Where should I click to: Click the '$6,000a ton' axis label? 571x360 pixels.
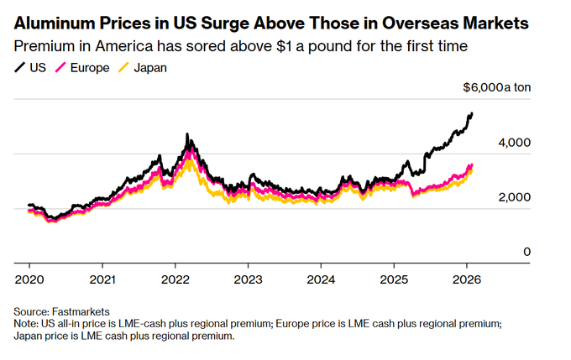click(x=497, y=88)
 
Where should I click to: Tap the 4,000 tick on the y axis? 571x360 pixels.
click(x=515, y=143)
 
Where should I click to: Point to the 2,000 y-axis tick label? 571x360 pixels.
click(x=515, y=197)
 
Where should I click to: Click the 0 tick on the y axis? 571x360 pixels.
click(x=527, y=252)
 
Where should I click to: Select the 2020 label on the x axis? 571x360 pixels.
click(x=29, y=278)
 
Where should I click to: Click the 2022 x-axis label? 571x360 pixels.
click(x=175, y=278)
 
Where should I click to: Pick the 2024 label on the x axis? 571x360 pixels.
click(x=322, y=278)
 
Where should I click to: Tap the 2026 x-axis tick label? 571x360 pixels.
click(x=468, y=278)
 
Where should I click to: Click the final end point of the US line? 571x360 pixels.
click(x=472, y=113)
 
